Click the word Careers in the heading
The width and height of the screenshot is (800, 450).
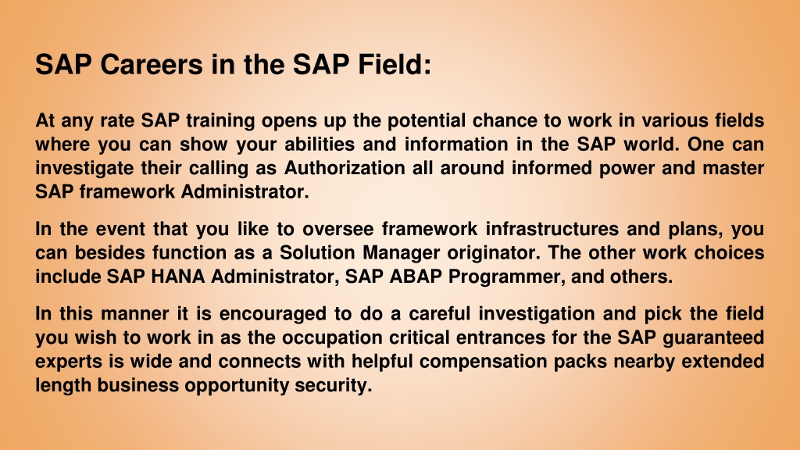tap(152, 65)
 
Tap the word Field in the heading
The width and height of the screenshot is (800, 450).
tap(391, 65)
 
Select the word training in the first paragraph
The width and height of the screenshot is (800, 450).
tap(220, 121)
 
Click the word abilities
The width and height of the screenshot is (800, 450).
tap(320, 145)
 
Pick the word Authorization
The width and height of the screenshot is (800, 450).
tap(345, 168)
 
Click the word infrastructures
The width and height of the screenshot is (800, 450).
tap(552, 229)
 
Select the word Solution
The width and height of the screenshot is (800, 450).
tap(317, 252)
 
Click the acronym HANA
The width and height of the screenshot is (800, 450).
tap(178, 277)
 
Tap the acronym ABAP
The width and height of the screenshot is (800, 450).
tap(416, 277)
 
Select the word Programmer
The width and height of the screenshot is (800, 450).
tap(507, 277)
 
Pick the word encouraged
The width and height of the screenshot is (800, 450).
tap(273, 314)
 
